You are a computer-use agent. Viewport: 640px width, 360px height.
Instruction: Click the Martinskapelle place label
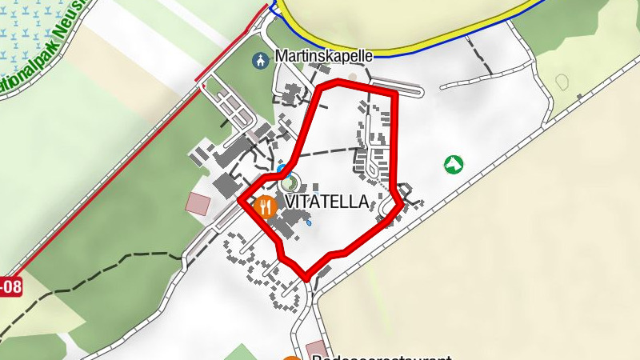324,57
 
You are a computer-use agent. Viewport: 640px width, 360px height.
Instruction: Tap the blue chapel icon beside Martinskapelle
260,59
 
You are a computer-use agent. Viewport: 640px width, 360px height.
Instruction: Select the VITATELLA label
326,202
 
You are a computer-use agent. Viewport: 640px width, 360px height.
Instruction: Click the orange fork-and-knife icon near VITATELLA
265,207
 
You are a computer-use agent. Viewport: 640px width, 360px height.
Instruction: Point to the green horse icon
454,165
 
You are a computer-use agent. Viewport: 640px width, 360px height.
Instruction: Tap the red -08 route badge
10,286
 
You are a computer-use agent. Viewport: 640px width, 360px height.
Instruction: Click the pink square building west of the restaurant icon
197,202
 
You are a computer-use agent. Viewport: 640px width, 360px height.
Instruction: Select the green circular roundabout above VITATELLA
288,182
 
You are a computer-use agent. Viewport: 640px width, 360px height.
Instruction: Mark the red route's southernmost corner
306,278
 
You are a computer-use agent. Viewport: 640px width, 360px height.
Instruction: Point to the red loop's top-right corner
394,94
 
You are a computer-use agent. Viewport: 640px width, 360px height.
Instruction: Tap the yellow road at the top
400,50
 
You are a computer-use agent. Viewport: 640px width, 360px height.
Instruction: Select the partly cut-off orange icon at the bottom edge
293,357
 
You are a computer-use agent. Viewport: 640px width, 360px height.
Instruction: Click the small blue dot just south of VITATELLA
308,225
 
